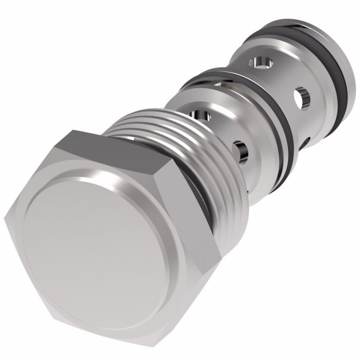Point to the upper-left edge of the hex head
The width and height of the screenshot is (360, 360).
coord(36,170)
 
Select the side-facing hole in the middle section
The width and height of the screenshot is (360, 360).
coord(241,149)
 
